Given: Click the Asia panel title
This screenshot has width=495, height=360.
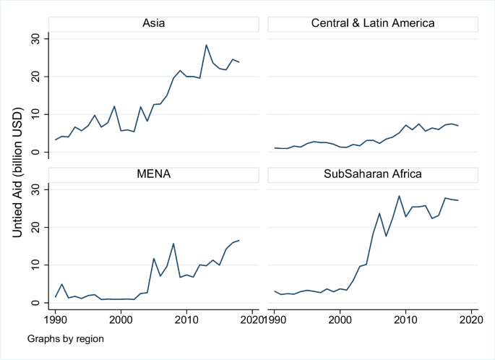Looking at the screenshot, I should [x=153, y=23].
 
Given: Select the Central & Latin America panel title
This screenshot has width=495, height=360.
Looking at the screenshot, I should [x=372, y=23].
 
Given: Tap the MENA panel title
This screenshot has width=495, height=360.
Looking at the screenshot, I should [x=153, y=174].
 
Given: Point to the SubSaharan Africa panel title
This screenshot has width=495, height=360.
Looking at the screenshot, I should [x=372, y=174].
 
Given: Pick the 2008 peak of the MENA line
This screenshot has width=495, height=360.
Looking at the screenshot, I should [x=173, y=244].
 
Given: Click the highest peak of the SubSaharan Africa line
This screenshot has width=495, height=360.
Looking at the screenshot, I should [x=399, y=196].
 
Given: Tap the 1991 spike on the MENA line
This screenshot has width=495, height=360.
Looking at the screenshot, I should [x=62, y=284].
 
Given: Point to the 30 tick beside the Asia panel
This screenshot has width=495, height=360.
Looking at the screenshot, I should [x=36, y=38].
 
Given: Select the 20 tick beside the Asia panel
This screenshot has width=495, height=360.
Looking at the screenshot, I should [x=36, y=76].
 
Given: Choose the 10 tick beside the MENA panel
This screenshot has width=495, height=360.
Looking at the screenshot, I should [x=36, y=265].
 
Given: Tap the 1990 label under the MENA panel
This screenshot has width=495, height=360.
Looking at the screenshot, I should [x=56, y=319].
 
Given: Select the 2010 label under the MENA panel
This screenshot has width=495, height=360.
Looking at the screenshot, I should [x=186, y=319].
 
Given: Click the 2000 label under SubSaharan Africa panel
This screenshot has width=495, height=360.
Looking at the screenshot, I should [x=340, y=319].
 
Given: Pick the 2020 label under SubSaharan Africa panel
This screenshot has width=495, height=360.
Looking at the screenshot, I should [x=471, y=319].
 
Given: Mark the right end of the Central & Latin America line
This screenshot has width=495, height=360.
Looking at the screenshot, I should [x=458, y=126].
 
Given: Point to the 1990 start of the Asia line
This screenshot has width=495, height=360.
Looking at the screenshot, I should [x=56, y=140].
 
